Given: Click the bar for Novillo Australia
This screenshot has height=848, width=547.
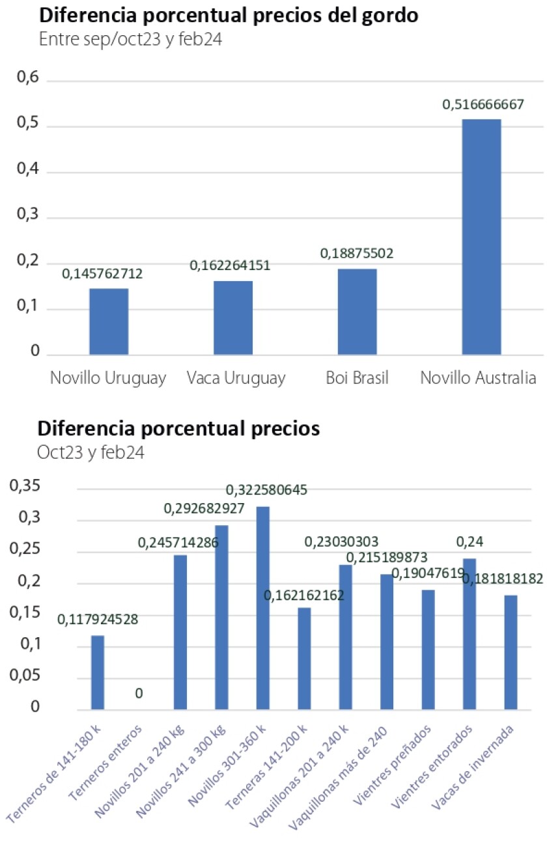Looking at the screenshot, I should pyautogui.click(x=481, y=237).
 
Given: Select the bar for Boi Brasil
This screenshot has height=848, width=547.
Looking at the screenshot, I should pyautogui.click(x=357, y=312).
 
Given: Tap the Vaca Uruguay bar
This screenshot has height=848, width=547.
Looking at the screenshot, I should pyautogui.click(x=233, y=318).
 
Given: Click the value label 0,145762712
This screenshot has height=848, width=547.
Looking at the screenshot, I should pyautogui.click(x=102, y=274).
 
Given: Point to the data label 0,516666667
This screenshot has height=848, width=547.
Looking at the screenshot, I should pyautogui.click(x=483, y=105).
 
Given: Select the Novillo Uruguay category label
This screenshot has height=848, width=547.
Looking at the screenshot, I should pyautogui.click(x=108, y=378).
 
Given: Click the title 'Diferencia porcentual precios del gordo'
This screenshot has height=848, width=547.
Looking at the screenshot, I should pyautogui.click(x=227, y=16).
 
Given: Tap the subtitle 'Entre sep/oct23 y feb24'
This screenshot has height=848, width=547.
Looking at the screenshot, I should pyautogui.click(x=131, y=39).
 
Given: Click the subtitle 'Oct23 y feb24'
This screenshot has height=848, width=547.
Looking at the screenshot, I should pyautogui.click(x=91, y=452).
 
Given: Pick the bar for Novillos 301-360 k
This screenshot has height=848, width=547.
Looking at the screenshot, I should pyautogui.click(x=263, y=608).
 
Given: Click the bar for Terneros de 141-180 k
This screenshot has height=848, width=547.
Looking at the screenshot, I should pyautogui.click(x=98, y=672).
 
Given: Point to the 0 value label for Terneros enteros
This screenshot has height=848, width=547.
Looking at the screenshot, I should pyautogui.click(x=139, y=694).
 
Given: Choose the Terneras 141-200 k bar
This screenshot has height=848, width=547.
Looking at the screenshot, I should pyautogui.click(x=304, y=658).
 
